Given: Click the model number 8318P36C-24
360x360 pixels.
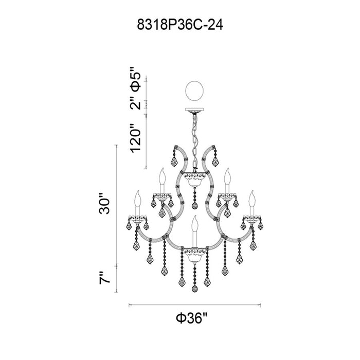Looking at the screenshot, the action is click(180, 25).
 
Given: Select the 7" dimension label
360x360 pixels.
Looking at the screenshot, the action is click(105, 278).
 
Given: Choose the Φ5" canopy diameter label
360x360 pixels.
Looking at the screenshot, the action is click(135, 79).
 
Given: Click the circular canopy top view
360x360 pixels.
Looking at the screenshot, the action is click(194, 91).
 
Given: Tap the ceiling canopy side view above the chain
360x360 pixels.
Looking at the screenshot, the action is click(194, 110).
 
